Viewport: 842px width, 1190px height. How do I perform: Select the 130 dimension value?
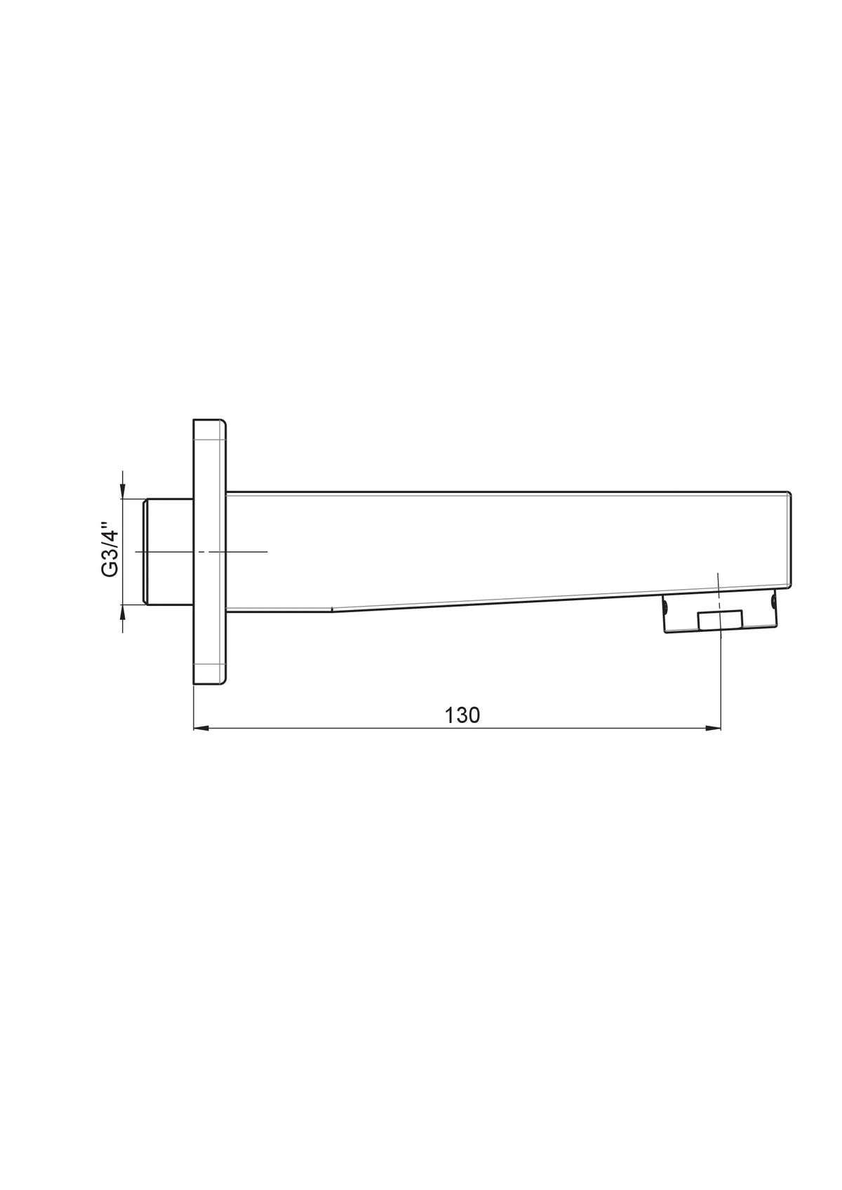coord(462,715)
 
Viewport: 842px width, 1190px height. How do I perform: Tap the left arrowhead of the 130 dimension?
coord(201,728)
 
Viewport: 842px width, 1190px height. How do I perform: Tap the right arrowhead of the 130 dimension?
coord(713,728)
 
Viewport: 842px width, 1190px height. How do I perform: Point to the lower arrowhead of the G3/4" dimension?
coord(123,612)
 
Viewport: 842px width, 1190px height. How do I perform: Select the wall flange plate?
coord(210,551)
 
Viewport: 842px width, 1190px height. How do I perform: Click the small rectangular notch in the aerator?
coord(720,620)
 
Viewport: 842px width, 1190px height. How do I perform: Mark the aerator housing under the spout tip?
coord(720,614)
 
